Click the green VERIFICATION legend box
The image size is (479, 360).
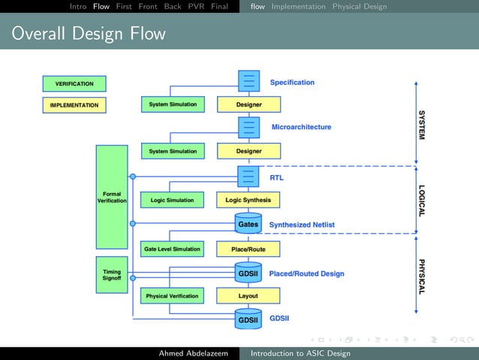point(74,83)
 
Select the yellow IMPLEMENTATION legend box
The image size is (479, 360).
point(74,105)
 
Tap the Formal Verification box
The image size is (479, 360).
point(112,197)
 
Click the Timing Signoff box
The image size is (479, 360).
point(112,274)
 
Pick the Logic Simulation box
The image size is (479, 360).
point(172,200)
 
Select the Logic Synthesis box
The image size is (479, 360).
point(249,200)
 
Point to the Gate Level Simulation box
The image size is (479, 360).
point(172,249)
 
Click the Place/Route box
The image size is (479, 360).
point(249,249)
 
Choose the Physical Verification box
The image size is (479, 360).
point(172,296)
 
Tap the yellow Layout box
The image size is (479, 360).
point(249,296)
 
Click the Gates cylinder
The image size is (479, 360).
point(249,224)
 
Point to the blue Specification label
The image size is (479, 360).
point(292,82)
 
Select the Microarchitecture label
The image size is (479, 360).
point(301,127)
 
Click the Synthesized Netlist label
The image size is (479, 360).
point(302,225)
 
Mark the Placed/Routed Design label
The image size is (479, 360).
point(306,274)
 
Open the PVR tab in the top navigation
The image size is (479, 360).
point(195,7)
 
